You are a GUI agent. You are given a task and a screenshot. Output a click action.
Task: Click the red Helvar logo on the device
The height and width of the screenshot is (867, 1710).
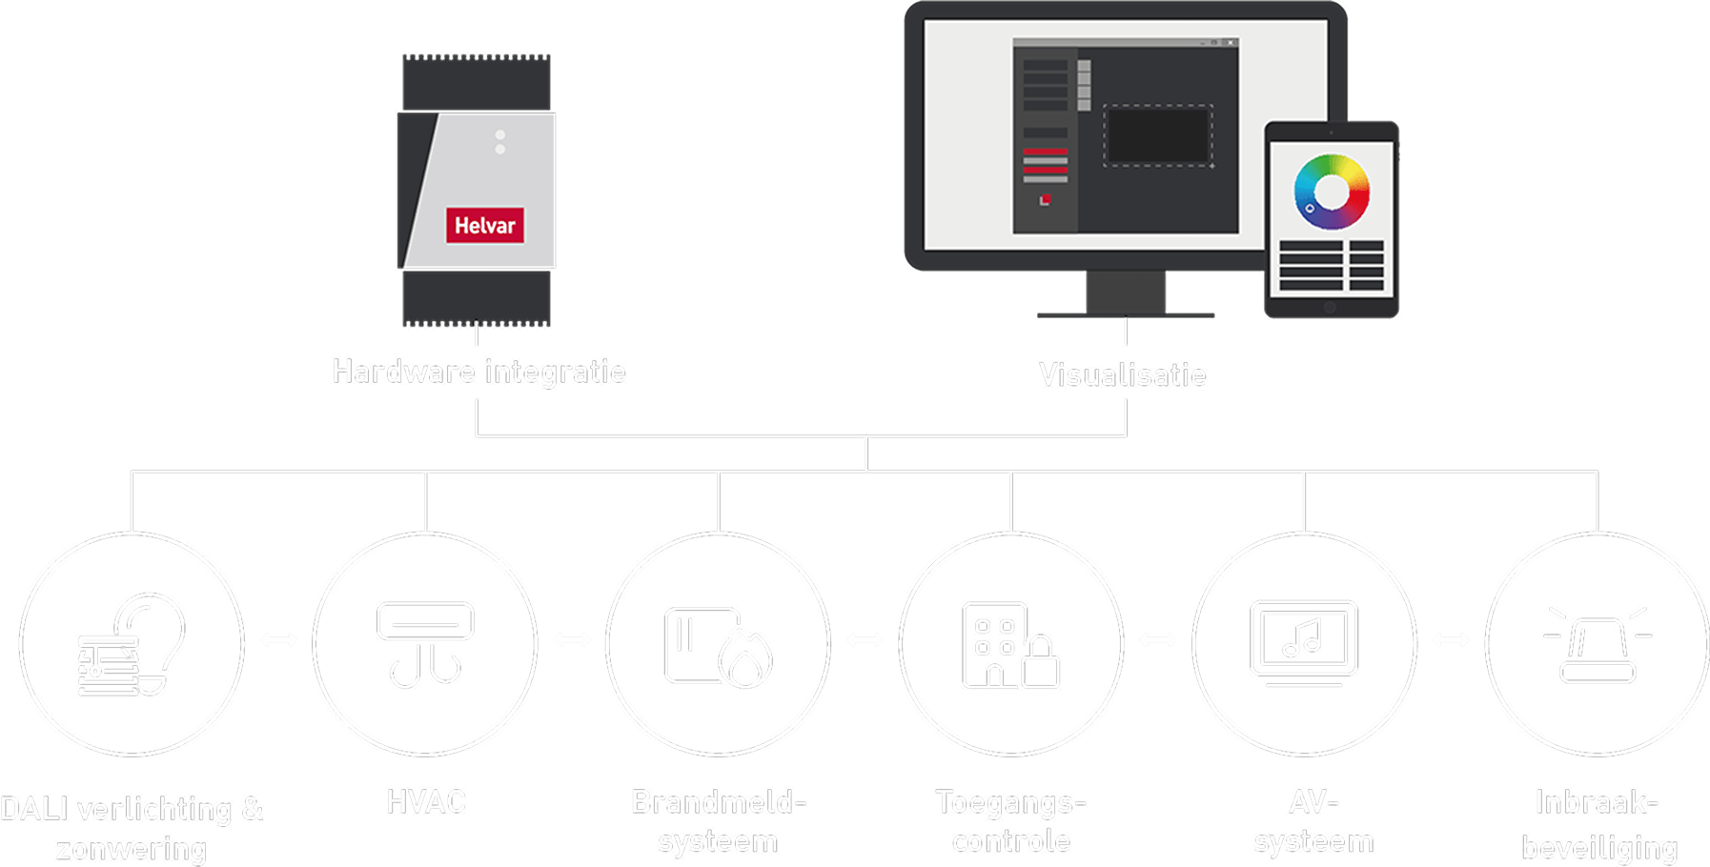[x=484, y=225]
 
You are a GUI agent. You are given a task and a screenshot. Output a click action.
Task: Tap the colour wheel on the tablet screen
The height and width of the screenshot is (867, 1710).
[x=1332, y=192]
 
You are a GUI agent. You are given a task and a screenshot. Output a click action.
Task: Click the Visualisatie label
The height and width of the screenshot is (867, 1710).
[x=1122, y=374]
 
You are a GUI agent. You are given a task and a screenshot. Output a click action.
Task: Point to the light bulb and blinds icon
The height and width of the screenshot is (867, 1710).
[x=132, y=644]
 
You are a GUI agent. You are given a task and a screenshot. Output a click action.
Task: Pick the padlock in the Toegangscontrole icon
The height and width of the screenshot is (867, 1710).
[x=1041, y=663]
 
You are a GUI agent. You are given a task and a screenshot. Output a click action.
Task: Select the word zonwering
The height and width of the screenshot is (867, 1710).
[x=131, y=848]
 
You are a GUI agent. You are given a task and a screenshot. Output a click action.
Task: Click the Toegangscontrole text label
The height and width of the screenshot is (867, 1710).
[x=1010, y=821]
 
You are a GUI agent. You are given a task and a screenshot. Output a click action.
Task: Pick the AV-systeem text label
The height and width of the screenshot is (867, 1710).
[x=1313, y=821]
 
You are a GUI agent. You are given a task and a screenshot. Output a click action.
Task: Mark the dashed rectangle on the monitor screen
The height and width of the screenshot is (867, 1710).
[x=1158, y=136]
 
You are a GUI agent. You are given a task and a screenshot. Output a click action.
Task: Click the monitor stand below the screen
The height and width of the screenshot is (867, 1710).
[x=1126, y=293]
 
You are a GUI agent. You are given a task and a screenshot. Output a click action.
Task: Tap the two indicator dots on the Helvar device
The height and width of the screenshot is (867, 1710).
[x=500, y=142]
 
